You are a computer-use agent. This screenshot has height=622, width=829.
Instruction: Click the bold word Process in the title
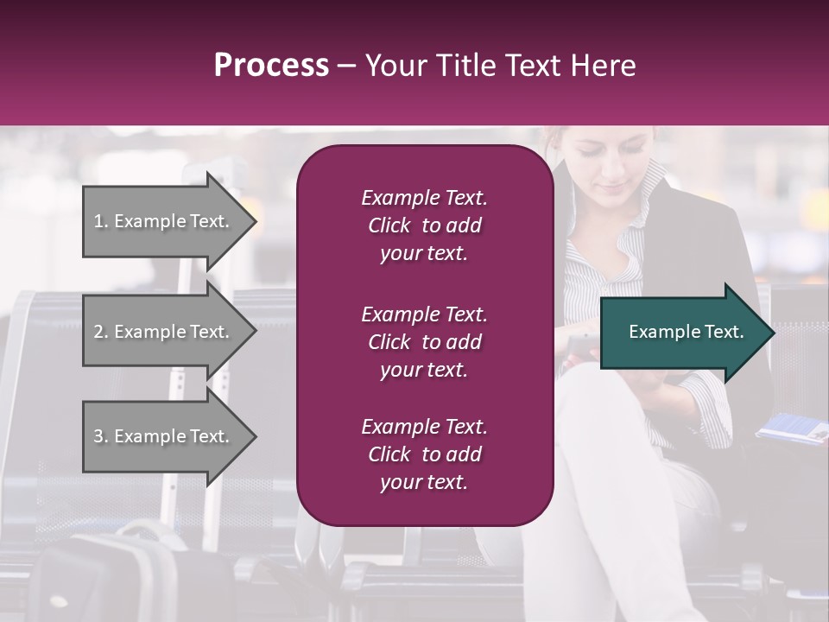[x=271, y=66]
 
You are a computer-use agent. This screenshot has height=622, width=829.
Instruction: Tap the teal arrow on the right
[x=682, y=333]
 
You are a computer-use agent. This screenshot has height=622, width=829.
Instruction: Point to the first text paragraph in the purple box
[x=424, y=225]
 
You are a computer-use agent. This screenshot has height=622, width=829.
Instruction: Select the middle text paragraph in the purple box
[x=424, y=342]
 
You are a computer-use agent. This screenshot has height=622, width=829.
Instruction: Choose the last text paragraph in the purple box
[x=424, y=454]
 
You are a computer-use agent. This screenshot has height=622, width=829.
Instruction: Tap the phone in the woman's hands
[x=580, y=346]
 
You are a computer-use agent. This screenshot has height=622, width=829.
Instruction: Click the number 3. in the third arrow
[x=101, y=436]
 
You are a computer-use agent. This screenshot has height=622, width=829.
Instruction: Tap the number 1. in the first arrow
[x=101, y=221]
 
